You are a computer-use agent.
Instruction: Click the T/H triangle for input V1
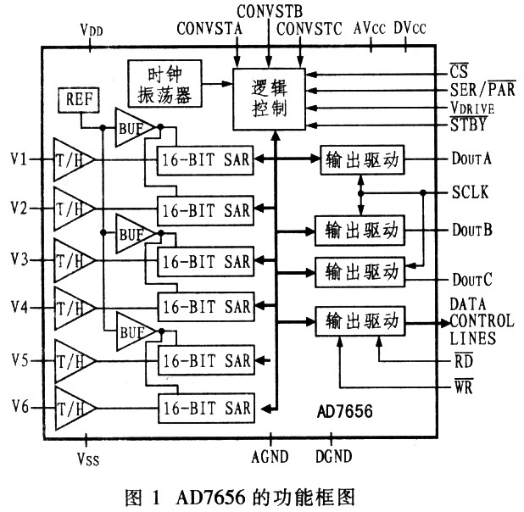[71, 159]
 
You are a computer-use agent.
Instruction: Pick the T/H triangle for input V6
[71, 408]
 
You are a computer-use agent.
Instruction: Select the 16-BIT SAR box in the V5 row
[204, 360]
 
